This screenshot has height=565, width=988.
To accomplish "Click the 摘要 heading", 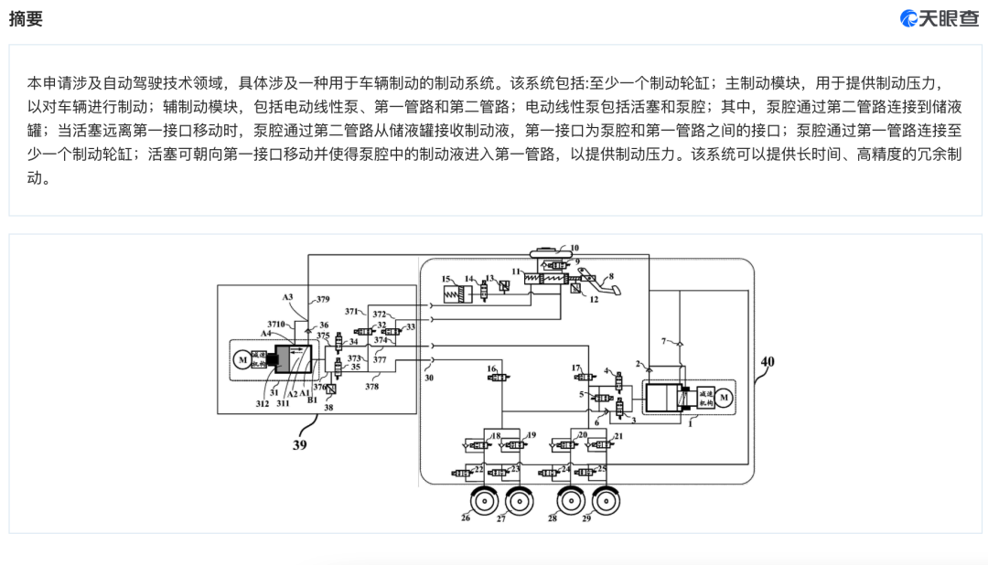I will pos(26,19).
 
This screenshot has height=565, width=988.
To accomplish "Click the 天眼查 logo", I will pos(940,19).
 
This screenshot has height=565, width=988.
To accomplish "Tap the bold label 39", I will pos(300,444).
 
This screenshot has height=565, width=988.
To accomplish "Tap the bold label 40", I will pos(767,362).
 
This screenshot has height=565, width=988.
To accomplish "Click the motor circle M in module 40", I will pos(722,397).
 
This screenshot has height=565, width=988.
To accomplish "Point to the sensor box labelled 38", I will pos(330,390).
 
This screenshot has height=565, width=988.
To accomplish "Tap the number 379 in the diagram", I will pos(322,299).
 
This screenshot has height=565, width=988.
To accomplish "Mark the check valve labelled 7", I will pos(676,345).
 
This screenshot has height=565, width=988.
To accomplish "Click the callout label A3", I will pos(287,297).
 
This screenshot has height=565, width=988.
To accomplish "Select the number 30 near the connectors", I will pos(427,375).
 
